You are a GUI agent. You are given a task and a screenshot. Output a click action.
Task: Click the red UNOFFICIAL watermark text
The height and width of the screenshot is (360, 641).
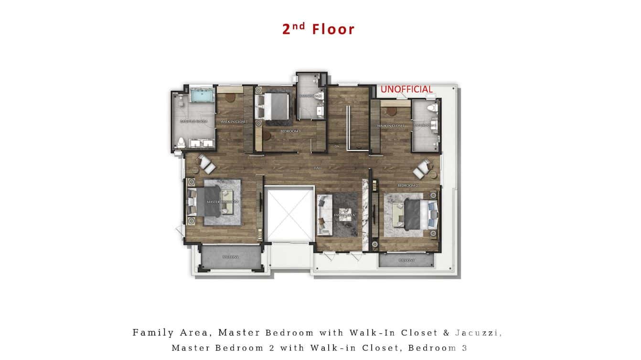[x=406, y=89]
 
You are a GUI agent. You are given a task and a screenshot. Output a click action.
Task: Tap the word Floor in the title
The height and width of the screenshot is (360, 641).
[x=333, y=29]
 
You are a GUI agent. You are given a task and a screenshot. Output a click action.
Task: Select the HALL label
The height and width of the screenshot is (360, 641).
[x=318, y=168]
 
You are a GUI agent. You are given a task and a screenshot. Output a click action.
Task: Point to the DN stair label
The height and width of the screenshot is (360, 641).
[x=337, y=146]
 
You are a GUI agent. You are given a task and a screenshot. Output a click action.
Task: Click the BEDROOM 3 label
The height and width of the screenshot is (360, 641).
[x=290, y=131]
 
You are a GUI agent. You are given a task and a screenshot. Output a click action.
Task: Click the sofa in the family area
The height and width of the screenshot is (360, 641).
[x=324, y=215]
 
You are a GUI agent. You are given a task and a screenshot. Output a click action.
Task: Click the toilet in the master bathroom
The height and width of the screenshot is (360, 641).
[x=182, y=141]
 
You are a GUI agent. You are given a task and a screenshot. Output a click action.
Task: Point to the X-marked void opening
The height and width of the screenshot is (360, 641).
[x=289, y=214]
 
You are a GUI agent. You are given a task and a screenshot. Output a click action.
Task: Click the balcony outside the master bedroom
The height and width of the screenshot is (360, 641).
[x=230, y=257]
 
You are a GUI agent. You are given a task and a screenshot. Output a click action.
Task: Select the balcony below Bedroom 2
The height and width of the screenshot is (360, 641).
[x=406, y=260]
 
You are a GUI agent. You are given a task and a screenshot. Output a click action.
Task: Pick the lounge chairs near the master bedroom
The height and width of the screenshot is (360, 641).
[x=206, y=164]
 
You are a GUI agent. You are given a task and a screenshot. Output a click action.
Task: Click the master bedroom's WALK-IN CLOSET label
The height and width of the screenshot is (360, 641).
[x=234, y=122]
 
